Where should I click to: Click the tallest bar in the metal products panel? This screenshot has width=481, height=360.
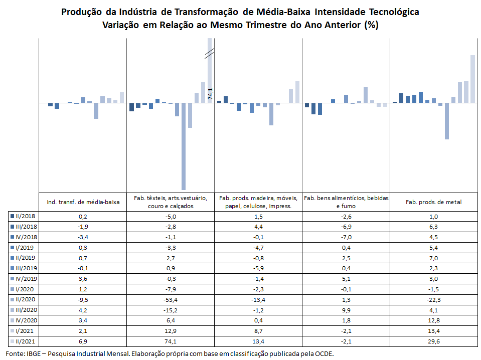pos(472,79)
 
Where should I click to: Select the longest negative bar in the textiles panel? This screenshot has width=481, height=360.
pos(184,146)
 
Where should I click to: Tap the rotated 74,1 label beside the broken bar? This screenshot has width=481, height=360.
pos(210,94)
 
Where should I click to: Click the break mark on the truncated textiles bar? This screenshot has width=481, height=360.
pos(210,53)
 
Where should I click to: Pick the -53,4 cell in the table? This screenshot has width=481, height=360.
pos(171,300)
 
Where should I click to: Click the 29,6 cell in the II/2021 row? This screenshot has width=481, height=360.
pos(433,341)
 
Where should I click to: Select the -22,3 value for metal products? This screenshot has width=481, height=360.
pos(433,300)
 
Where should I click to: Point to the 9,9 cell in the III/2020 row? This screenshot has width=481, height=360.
pos(346,310)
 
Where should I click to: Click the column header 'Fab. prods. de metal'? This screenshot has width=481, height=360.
pos(433,202)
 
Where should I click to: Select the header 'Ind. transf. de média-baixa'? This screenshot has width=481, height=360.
pos(83,202)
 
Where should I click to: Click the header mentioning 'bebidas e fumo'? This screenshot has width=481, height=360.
pos(346,202)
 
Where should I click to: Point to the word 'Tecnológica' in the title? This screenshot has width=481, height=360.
pos(394,12)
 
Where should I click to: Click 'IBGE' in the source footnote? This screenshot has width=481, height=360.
pos(34,353)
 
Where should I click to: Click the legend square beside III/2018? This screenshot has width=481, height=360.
pos(12,227)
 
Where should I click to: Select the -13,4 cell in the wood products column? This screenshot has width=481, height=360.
pos(258,300)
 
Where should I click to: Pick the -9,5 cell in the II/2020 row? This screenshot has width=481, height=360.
pos(83,300)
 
